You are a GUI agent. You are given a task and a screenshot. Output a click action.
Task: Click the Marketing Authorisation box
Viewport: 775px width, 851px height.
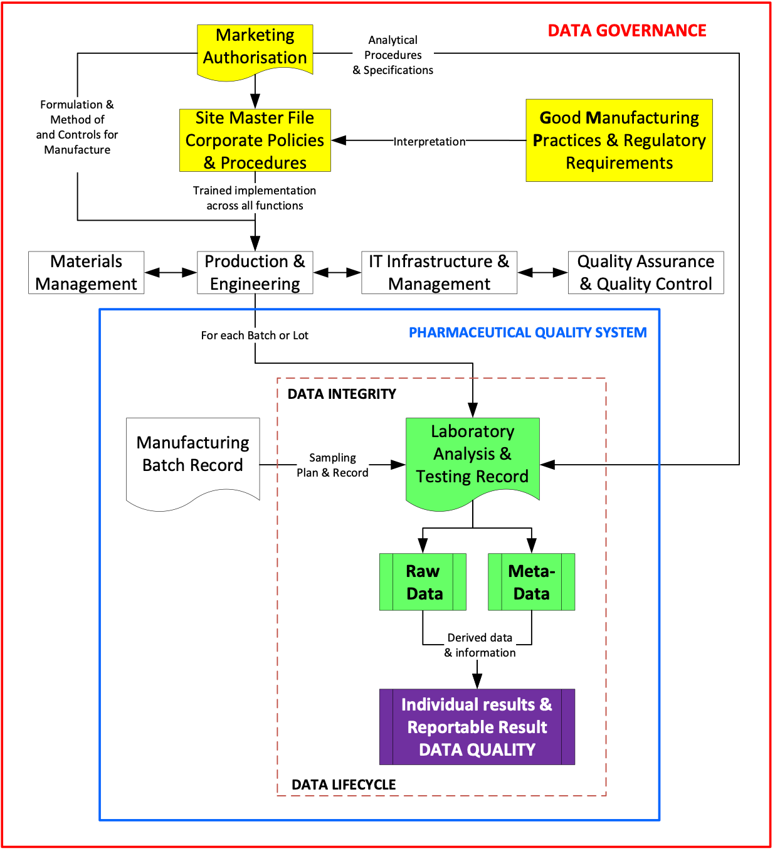click(255, 49)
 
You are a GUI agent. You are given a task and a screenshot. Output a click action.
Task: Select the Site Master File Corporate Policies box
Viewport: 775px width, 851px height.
click(255, 140)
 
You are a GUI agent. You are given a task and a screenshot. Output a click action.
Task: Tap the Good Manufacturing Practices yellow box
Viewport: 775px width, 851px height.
click(619, 140)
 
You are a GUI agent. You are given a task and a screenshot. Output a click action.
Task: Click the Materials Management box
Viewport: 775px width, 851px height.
click(87, 273)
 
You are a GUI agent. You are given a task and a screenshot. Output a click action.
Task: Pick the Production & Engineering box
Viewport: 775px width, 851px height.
click(255, 273)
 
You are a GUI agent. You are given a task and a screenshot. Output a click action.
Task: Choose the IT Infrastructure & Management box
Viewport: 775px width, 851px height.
click(439, 273)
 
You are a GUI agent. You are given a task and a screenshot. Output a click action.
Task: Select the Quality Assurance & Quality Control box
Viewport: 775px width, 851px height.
click(646, 273)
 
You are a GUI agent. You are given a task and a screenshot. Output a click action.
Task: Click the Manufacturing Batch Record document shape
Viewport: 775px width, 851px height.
click(193, 458)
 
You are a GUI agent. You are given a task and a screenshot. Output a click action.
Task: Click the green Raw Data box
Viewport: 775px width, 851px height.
click(423, 582)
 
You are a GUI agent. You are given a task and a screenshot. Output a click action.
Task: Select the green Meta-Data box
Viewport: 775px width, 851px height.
click(531, 582)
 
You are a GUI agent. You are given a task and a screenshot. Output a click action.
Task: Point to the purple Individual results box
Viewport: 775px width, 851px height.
click(477, 727)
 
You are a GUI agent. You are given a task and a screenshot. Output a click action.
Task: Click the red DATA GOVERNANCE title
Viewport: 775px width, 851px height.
click(627, 31)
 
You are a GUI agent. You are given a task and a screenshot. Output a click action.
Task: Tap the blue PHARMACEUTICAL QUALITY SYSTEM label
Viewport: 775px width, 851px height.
click(527, 332)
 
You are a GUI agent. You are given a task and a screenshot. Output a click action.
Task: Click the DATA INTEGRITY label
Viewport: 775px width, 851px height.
click(342, 394)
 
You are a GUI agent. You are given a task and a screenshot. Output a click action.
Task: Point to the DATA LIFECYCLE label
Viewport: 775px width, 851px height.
click(344, 785)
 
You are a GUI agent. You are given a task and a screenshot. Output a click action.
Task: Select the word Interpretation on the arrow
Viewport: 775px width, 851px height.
click(430, 142)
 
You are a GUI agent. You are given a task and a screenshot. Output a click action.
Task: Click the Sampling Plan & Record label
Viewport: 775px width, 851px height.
click(332, 465)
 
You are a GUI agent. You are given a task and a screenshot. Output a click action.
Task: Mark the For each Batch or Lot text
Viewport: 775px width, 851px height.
click(255, 336)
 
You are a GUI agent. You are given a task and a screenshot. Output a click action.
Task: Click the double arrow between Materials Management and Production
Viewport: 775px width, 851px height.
click(171, 273)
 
